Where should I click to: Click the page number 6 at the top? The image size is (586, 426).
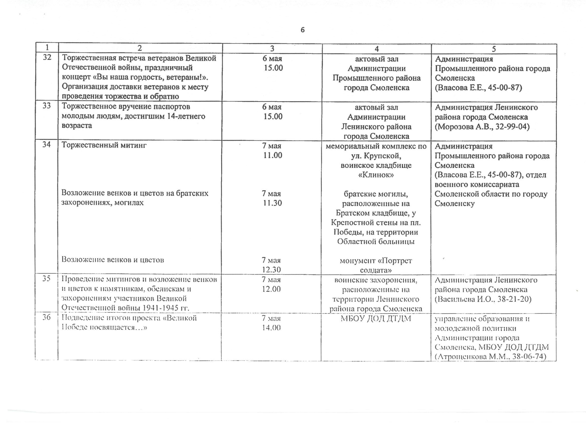(x=303, y=30)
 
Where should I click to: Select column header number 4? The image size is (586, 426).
(x=377, y=49)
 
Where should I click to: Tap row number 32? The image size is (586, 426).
(x=47, y=57)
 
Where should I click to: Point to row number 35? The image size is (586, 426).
(x=47, y=279)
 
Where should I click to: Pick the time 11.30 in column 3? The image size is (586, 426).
(x=272, y=203)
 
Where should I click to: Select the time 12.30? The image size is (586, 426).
(x=271, y=270)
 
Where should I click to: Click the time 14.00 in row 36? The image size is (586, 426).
(x=271, y=328)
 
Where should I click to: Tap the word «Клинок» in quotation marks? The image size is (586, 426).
(x=376, y=175)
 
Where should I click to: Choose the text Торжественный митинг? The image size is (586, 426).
(x=104, y=145)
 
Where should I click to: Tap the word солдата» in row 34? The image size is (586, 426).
(x=376, y=270)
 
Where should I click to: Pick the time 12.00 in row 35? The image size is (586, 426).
(x=271, y=289)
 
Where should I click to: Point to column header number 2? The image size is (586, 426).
(x=140, y=48)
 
